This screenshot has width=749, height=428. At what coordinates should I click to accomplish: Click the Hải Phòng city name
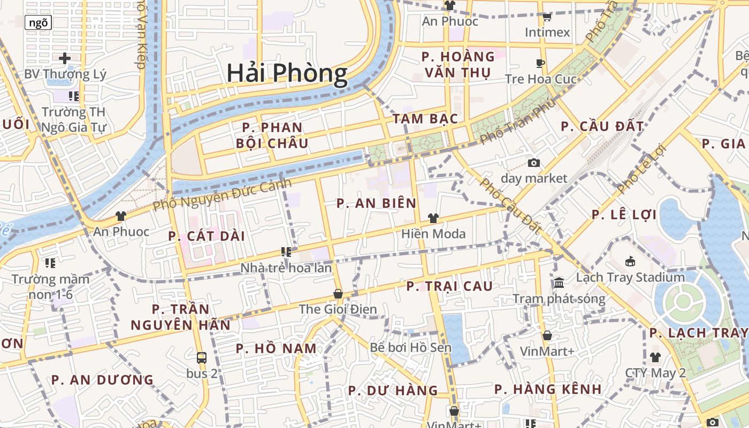point(287,73)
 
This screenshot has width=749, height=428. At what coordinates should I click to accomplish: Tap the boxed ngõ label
point(39,22)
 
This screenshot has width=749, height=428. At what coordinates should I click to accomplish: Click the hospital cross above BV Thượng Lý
point(65,58)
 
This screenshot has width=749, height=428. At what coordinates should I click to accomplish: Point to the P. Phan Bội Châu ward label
point(272,135)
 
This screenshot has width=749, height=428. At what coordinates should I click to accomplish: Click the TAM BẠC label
point(425,119)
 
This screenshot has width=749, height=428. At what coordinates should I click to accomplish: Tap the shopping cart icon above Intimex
point(547,18)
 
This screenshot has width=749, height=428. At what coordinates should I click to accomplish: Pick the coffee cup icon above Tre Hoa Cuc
point(540,64)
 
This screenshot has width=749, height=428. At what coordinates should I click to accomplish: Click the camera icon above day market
point(533,163)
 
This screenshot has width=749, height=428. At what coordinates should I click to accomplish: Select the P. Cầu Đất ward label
point(602,127)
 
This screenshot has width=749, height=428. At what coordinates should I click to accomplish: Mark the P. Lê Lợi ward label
point(624,215)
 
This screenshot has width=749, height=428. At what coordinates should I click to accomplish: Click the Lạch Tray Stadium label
point(630,277)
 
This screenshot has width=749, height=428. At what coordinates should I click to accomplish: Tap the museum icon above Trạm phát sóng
point(559,282)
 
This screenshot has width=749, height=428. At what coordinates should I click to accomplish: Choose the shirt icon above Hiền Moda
point(433,218)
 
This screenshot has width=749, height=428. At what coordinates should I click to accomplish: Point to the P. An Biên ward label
point(377,203)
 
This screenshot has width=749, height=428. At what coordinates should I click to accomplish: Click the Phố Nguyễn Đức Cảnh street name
point(222,194)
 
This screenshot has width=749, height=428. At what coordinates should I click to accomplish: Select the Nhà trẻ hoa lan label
point(286,267)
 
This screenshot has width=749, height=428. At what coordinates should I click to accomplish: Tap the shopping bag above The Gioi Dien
point(338,294)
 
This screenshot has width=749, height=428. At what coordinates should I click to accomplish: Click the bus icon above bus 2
point(202,357)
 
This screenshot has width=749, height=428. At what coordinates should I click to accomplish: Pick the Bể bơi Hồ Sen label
point(410,347)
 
